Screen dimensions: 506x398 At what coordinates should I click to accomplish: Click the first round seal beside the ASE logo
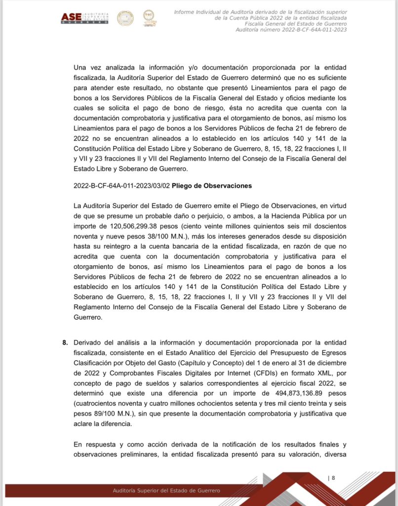click(125, 18)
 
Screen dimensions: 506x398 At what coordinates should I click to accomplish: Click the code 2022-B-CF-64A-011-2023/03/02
click(121, 186)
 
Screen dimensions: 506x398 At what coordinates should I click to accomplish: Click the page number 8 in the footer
click(333, 478)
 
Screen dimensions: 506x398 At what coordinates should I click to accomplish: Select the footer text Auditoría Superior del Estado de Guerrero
click(166, 490)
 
